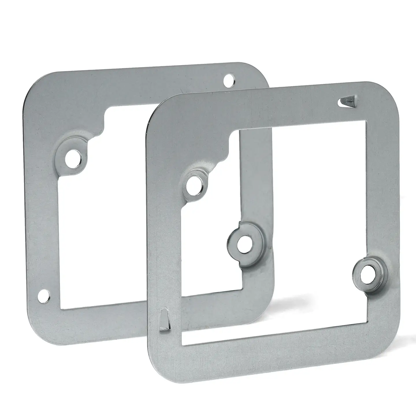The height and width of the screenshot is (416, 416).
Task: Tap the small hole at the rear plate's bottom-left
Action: [43, 295]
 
